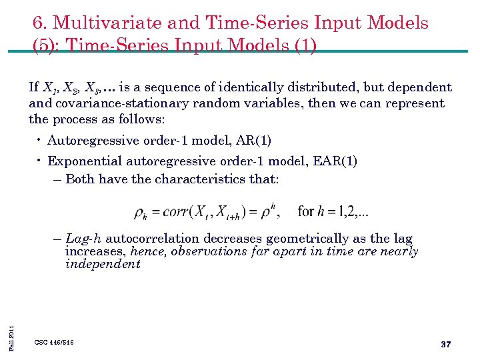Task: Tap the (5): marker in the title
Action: click(x=46, y=46)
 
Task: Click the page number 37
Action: click(x=446, y=344)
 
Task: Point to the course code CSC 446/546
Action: click(x=54, y=343)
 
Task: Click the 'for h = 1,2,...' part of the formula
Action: click(x=333, y=212)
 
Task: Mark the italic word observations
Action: click(x=209, y=251)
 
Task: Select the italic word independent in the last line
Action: click(x=103, y=264)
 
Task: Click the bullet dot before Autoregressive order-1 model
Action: click(x=40, y=141)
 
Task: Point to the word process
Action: click(x=74, y=119)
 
